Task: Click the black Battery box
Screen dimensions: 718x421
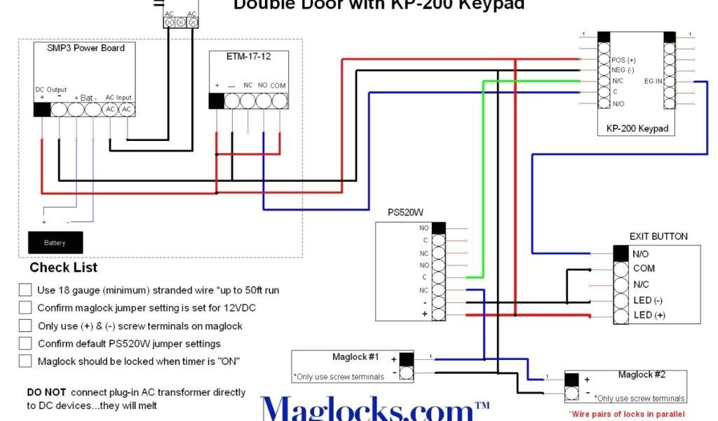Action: tap(55, 243)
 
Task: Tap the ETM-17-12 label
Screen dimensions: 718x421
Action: tap(248, 57)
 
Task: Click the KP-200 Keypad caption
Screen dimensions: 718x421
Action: tap(637, 129)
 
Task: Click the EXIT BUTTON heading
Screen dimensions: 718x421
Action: tap(658, 236)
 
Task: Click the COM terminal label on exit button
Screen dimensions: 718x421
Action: tap(644, 268)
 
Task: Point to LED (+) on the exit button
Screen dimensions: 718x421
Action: tap(649, 316)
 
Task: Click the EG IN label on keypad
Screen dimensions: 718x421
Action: tap(653, 81)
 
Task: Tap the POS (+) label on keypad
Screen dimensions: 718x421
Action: tap(623, 60)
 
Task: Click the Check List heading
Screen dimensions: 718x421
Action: tap(63, 267)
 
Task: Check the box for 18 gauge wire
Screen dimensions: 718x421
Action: tap(25, 290)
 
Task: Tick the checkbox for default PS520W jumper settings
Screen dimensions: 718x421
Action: tap(25, 343)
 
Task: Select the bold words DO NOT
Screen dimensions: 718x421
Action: tap(47, 392)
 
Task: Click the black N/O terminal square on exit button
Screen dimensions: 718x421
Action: tap(621, 253)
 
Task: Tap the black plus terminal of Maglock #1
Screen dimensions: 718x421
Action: tap(406, 359)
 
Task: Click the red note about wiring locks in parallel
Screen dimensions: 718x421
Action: tap(626, 414)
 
